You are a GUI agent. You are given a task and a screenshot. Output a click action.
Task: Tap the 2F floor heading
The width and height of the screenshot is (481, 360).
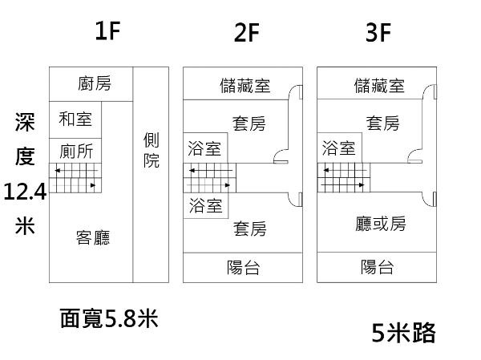click(247, 33)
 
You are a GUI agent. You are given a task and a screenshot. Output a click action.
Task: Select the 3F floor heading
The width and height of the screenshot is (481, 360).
click(378, 33)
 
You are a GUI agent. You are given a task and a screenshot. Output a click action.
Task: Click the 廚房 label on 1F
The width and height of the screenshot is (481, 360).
click(95, 83)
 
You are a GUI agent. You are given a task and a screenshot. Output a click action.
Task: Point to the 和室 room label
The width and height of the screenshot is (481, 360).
click(75, 119)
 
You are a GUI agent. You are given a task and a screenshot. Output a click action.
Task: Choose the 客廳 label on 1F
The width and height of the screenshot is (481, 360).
click(93, 237)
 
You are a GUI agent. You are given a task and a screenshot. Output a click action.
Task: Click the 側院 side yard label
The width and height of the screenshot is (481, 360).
click(151, 150)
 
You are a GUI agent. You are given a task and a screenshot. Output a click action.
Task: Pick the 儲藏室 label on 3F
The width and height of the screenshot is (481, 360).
click(378, 86)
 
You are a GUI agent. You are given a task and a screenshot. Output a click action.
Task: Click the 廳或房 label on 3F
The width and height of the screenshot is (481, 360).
click(381, 223)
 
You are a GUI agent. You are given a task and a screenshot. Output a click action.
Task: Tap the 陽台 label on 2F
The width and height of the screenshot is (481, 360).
click(244, 268)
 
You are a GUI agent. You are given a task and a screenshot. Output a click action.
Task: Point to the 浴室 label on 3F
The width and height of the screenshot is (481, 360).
click(338, 148)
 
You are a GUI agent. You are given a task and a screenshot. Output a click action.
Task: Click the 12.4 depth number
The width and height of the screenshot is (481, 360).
click(25, 192)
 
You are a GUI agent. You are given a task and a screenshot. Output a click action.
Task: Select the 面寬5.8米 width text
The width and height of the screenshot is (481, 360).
click(108, 319)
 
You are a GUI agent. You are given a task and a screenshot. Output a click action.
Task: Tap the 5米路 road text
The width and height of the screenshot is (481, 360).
click(404, 332)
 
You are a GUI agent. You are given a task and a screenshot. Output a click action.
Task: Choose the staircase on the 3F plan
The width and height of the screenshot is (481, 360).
click(344, 178)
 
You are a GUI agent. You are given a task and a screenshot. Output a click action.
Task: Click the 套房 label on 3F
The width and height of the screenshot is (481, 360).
click(382, 123)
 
